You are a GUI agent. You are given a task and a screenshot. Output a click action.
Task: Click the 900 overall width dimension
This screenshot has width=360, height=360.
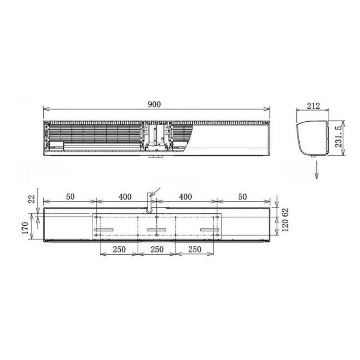click(154, 104)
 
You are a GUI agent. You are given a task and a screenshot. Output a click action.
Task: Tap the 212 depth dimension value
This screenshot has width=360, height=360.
click(313, 106)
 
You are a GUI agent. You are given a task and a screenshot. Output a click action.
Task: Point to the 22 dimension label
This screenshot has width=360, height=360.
click(32, 199)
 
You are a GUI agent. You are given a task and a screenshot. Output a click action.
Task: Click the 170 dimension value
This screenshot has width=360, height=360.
click(25, 228)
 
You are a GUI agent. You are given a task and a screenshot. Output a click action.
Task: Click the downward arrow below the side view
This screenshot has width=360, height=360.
click(317, 170)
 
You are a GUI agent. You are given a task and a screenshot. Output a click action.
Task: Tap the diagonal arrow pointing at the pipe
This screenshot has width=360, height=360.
click(155, 192)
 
